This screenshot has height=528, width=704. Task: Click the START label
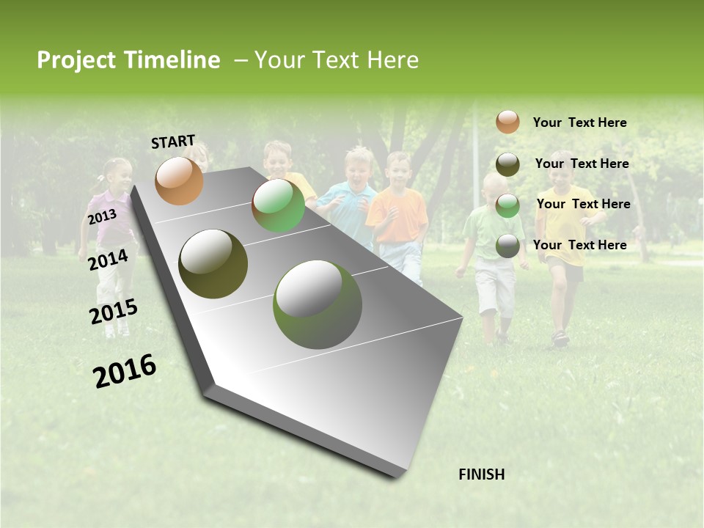pos(173,142)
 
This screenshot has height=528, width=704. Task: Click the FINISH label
pos(481,474)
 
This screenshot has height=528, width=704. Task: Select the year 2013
pos(102,217)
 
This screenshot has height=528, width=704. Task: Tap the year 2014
pos(108,260)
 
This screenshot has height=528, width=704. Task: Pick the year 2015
pos(113,312)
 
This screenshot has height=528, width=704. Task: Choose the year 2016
pos(125,371)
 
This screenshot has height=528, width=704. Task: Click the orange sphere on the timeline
pos(179,180)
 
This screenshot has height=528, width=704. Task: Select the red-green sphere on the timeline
pos(278,206)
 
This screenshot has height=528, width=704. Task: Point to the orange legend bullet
pos(507,122)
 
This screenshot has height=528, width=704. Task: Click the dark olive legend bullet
pos(507,164)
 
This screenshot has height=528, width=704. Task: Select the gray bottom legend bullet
pos(507,246)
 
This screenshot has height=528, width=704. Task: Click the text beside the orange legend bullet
pos(579,122)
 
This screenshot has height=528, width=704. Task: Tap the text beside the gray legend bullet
pos(579,245)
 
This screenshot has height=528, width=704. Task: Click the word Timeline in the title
pos(172,60)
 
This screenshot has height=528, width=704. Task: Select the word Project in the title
pos(76,60)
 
